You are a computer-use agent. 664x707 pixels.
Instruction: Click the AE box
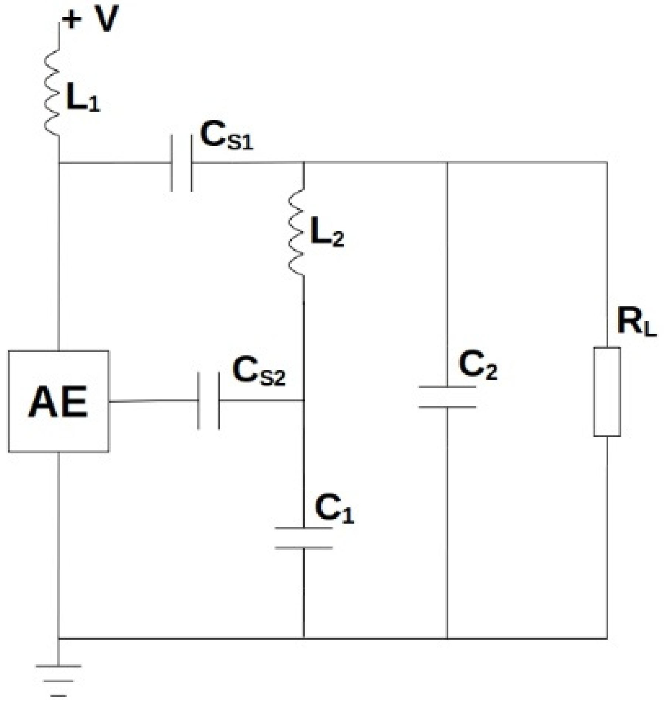pyautogui.click(x=58, y=401)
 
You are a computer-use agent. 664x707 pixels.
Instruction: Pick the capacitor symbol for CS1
pyautogui.click(x=181, y=162)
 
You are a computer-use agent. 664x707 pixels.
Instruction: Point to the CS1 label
pyautogui.click(x=226, y=137)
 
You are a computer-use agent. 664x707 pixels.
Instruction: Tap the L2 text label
pyautogui.click(x=327, y=233)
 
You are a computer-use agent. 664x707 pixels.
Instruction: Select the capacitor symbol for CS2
pyautogui.click(x=209, y=401)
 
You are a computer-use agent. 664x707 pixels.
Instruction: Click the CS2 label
pyautogui.click(x=259, y=371)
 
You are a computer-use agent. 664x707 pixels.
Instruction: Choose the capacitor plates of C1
pyautogui.click(x=304, y=538)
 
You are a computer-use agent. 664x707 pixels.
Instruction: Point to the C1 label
pyautogui.click(x=334, y=509)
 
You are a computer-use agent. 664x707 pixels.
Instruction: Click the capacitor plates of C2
pyautogui.click(x=447, y=397)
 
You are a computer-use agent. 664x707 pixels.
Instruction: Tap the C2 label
pyautogui.click(x=478, y=365)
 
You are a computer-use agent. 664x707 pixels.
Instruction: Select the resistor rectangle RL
pyautogui.click(x=607, y=392)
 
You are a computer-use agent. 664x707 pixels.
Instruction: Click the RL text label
pyautogui.click(x=636, y=323)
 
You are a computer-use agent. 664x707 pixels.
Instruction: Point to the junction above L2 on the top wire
pyautogui.click(x=304, y=162)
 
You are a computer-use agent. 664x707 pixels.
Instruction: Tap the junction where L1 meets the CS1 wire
pyautogui.click(x=59, y=162)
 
